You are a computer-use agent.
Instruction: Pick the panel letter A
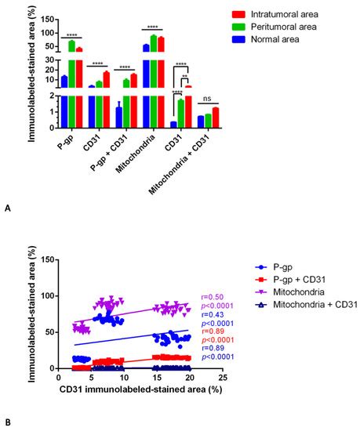(8, 208)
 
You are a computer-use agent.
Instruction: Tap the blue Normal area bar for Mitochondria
(146, 86)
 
